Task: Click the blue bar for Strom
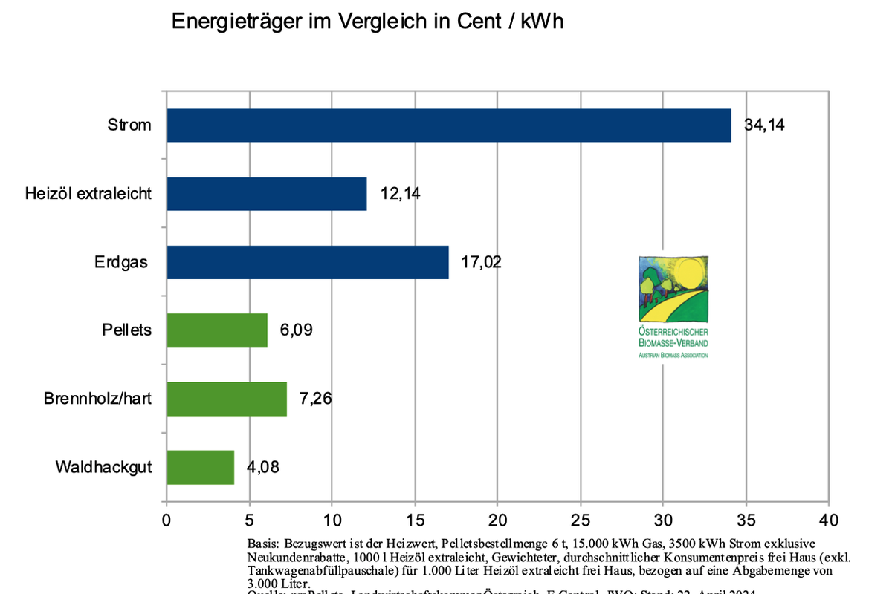(x=449, y=125)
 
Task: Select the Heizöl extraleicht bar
(x=267, y=194)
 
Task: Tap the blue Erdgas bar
(x=308, y=262)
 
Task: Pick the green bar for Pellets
(x=217, y=330)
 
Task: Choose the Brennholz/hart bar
(x=227, y=399)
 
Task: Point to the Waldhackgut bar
(x=201, y=467)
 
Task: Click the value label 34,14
(x=764, y=125)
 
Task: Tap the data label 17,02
(x=482, y=262)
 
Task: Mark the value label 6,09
(x=296, y=330)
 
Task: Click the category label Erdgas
(x=121, y=262)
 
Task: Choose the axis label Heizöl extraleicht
(x=88, y=194)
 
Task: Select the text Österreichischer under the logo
(x=673, y=333)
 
